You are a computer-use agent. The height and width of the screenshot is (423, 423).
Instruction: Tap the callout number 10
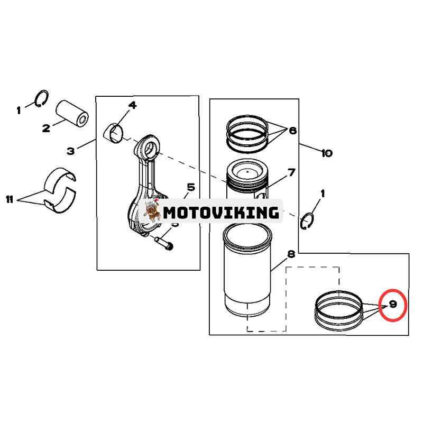(x=327, y=153)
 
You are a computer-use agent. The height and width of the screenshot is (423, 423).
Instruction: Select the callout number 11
(x=10, y=199)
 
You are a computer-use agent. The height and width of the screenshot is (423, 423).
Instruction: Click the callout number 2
(x=46, y=128)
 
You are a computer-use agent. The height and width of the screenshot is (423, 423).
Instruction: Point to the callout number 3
(x=71, y=151)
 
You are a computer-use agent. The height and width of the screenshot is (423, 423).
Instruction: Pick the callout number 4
(x=132, y=105)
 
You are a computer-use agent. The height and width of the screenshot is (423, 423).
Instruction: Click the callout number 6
(x=293, y=131)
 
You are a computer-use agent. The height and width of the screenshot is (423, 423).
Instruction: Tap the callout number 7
(x=292, y=172)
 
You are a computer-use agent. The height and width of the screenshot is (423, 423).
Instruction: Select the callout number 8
(x=291, y=254)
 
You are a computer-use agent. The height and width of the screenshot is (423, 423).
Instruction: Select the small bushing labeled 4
(x=114, y=133)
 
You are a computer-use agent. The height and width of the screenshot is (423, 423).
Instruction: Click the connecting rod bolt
(x=163, y=243)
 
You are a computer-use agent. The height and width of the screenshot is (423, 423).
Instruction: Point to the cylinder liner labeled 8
(x=247, y=271)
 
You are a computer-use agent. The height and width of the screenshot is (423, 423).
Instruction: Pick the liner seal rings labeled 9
(x=339, y=311)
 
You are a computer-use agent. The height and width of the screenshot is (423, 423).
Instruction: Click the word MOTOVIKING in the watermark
(x=221, y=213)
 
